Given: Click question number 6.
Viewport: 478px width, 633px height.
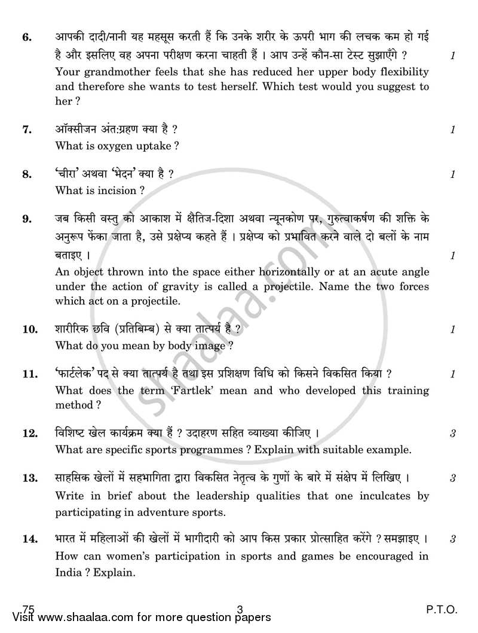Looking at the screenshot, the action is click(26, 38).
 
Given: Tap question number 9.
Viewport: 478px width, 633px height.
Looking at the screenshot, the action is click(26, 219).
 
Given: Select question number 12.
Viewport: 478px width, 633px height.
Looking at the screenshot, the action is click(30, 433).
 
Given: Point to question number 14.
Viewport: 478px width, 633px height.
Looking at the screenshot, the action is click(30, 539).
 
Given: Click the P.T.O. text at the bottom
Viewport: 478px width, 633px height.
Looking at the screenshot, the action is click(441, 610).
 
